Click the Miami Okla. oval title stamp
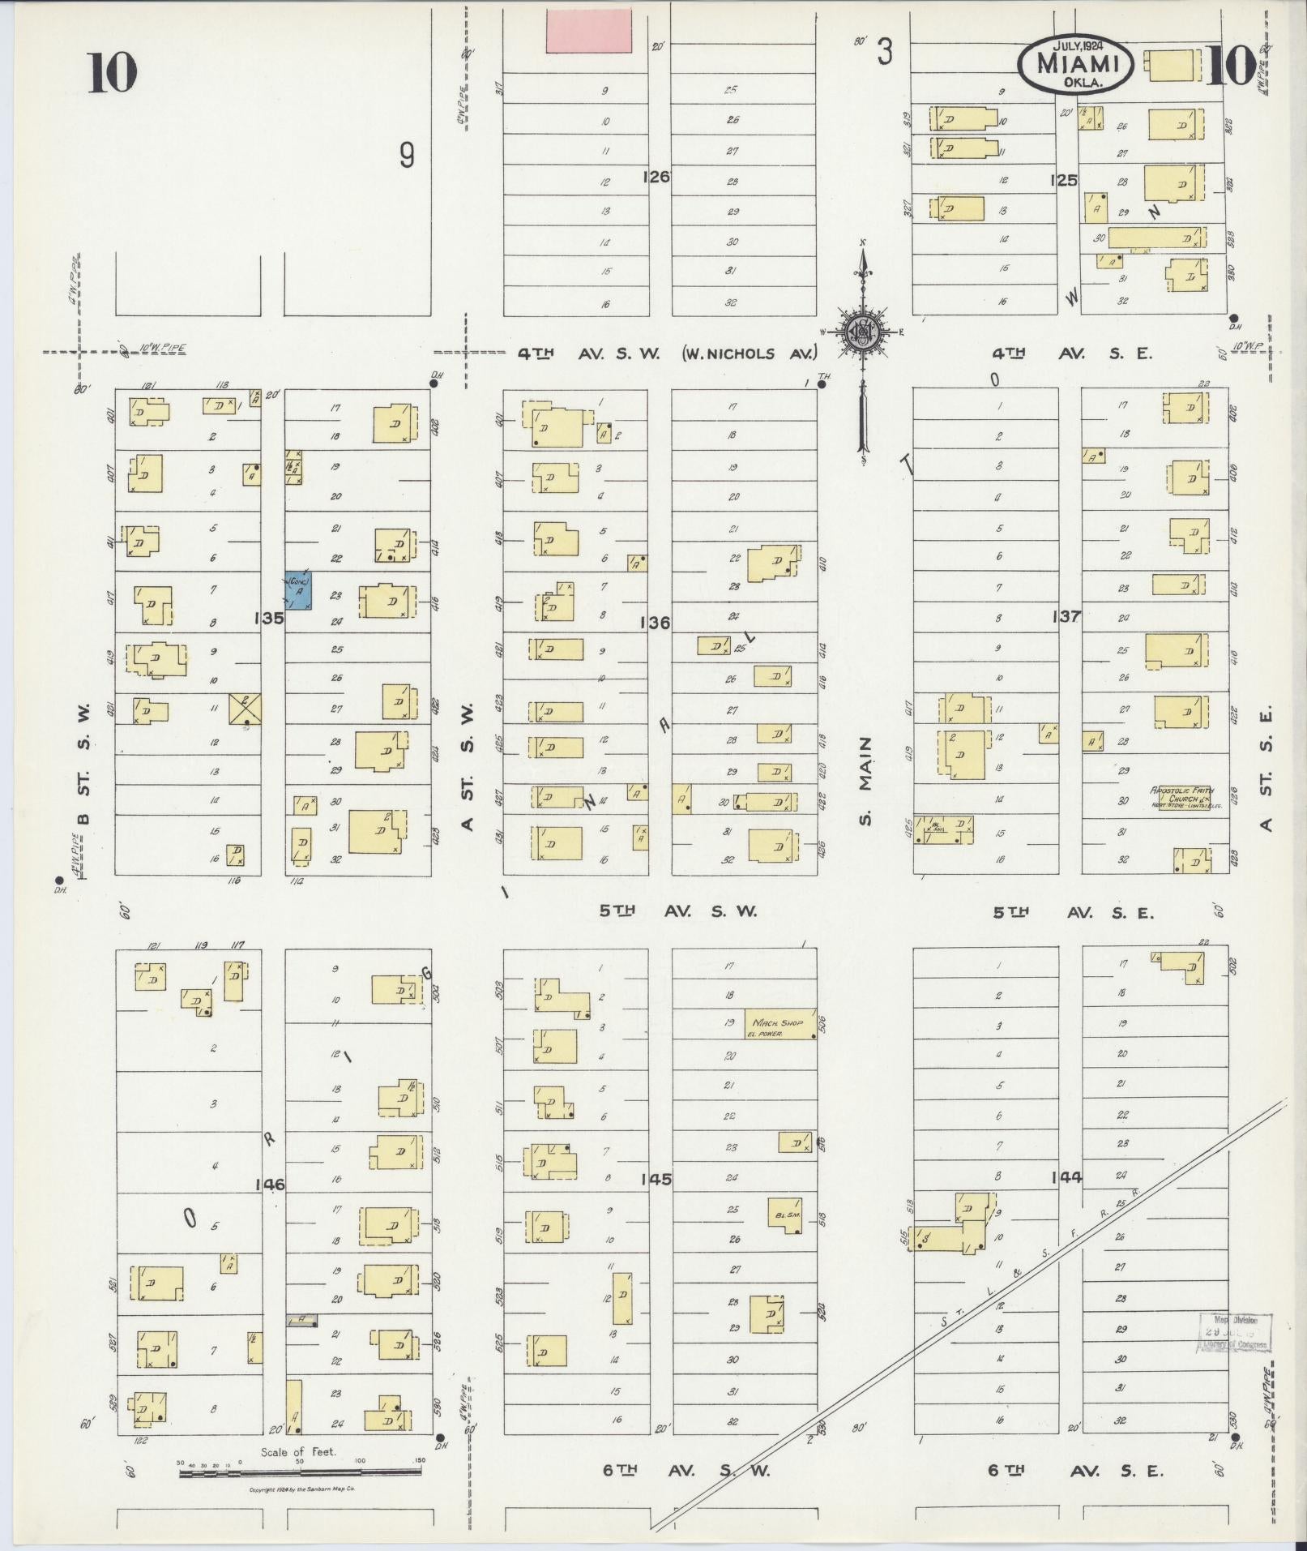pyautogui.click(x=1074, y=64)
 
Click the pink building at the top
pyautogui.click(x=588, y=32)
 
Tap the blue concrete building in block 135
pyautogui.click(x=299, y=590)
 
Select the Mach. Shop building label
pyautogui.click(x=779, y=1026)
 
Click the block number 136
pyautogui.click(x=655, y=623)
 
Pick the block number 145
pyautogui.click(x=655, y=1179)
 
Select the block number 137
pyautogui.click(x=1066, y=616)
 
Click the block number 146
pyautogui.click(x=270, y=1185)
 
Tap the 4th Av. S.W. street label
pyautogui.click(x=589, y=353)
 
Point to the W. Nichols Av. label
pyautogui.click(x=750, y=353)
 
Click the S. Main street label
pyautogui.click(x=866, y=781)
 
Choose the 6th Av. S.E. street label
pyautogui.click(x=1075, y=1471)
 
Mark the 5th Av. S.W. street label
pyautogui.click(x=677, y=911)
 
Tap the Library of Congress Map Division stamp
pyautogui.click(x=1234, y=1333)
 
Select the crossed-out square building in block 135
pyautogui.click(x=244, y=710)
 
